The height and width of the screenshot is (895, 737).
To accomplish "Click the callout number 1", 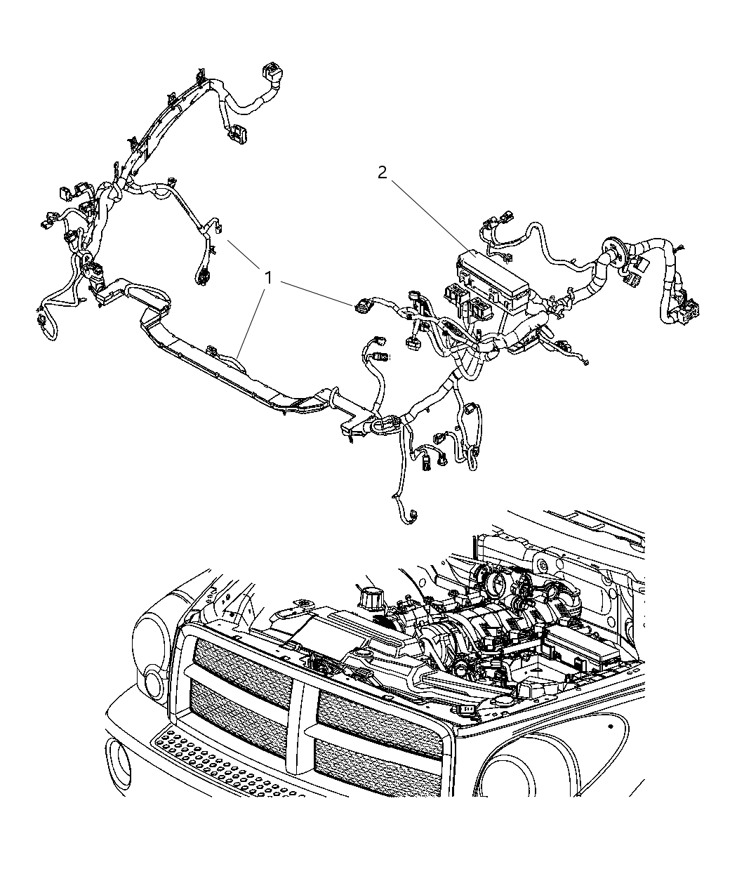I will (267, 278).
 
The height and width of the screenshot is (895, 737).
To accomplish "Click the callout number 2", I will (382, 173).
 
